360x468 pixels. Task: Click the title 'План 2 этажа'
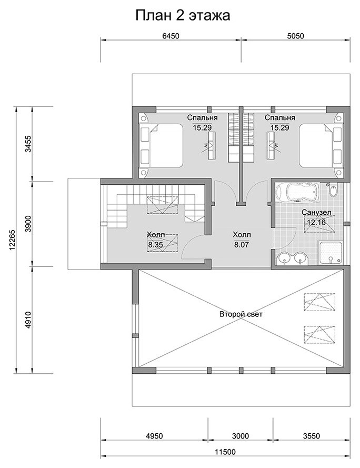[x=183, y=16]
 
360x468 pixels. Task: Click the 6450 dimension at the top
[x=171, y=36]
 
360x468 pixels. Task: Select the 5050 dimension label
[x=295, y=36]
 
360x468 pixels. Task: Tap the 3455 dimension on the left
[x=28, y=144]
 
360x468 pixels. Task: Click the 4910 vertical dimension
[x=28, y=320]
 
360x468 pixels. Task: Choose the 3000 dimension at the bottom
[x=241, y=436]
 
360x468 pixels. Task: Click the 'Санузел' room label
[x=316, y=213]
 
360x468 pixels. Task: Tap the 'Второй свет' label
[x=241, y=314]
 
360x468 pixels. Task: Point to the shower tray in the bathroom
[x=331, y=252]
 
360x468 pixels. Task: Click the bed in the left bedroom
[x=162, y=146]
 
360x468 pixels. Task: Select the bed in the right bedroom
[x=321, y=146]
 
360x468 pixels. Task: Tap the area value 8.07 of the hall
[x=241, y=245]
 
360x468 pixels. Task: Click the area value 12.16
[x=316, y=222]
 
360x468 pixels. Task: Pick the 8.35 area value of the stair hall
[x=155, y=245]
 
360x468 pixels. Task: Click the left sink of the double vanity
[x=285, y=258]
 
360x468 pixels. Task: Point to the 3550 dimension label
[x=312, y=436]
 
